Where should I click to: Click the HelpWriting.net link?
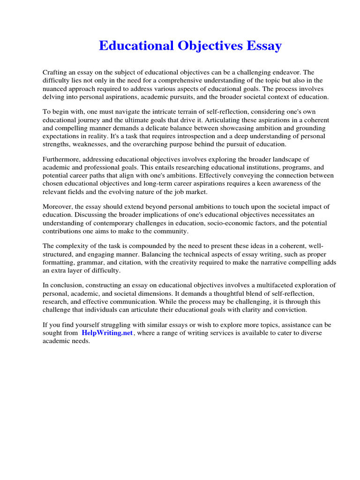(107, 333)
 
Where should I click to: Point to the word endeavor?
(287, 73)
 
